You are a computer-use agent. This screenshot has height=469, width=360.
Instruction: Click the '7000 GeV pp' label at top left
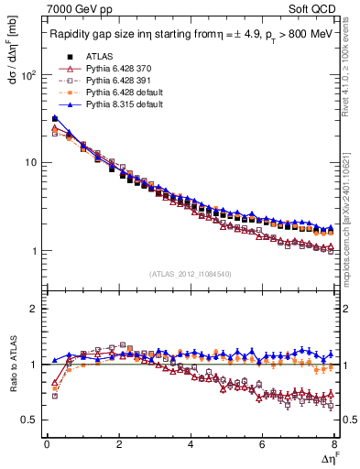coord(74,8)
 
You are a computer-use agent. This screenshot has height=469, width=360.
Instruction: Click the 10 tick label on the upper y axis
coord(32,163)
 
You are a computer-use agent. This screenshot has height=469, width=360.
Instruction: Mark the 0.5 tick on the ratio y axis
coord(32,420)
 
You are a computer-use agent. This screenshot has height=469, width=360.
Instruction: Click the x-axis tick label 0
coord(47,443)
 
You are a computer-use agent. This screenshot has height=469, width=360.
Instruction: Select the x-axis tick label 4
coord(191,443)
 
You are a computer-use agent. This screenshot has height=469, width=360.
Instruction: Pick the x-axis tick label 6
coord(262,443)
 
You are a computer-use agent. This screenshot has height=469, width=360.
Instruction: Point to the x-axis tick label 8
coord(333,443)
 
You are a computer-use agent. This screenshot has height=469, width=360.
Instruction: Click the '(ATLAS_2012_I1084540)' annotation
coord(191,274)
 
